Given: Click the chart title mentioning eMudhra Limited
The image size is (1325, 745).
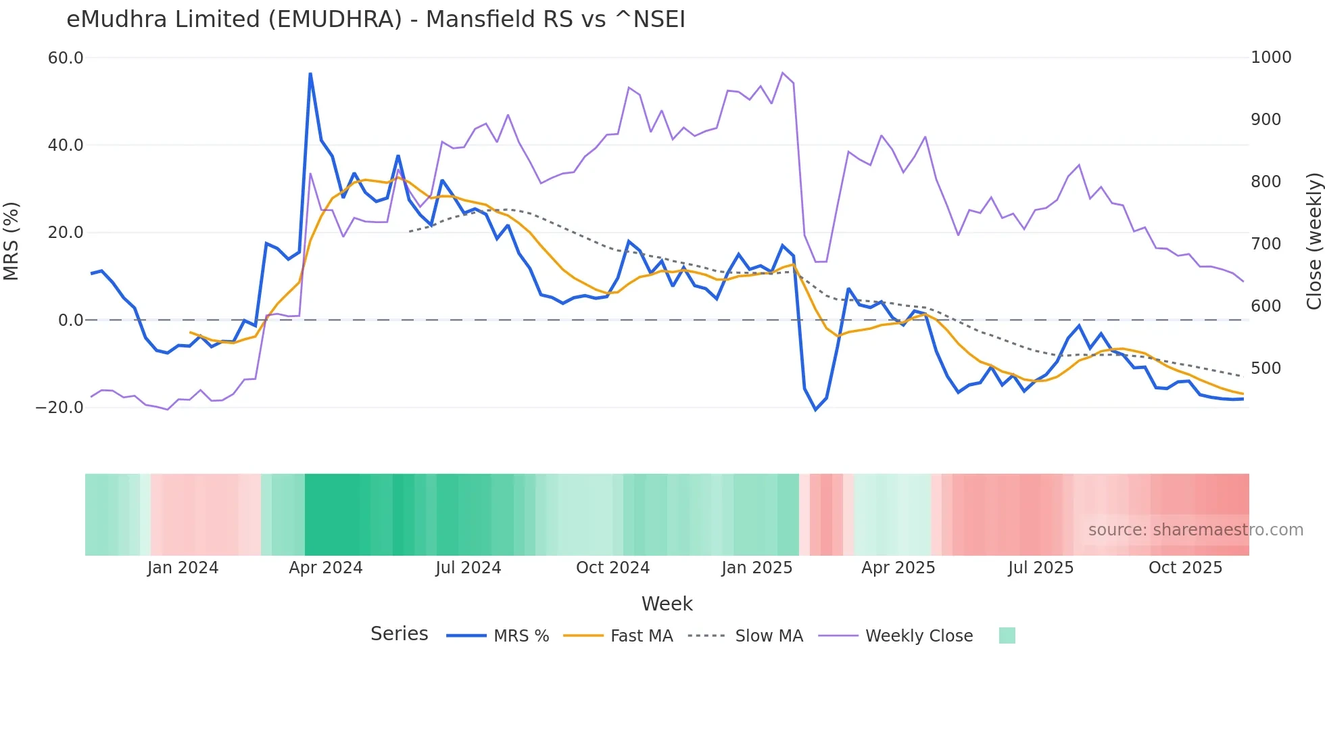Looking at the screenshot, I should coord(376,20).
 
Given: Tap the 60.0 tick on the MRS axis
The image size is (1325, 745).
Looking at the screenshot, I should coord(66,58).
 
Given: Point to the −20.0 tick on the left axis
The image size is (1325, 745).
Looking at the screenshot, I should coord(59,408).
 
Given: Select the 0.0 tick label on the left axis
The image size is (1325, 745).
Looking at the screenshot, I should coord(70,320).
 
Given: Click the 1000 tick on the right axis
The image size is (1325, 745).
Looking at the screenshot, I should coord(1271,57).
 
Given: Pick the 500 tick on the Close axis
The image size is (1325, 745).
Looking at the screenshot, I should coord(1266,368).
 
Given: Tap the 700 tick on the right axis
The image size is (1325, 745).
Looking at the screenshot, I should coord(1266,244).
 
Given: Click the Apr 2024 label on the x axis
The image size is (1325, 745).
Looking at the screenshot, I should coord(326,568).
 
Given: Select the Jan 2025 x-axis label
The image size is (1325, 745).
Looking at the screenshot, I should coord(756,568).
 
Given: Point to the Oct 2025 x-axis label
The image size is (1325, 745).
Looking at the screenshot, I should coord(1185,568).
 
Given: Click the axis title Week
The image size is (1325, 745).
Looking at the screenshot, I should coord(667,604).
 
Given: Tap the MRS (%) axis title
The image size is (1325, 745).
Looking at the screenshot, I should coord(11,241).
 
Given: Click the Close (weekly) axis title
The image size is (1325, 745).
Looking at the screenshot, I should coord(1314,241).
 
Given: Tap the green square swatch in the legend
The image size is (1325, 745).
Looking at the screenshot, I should coord(1007,635).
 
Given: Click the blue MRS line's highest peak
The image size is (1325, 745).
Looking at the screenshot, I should coord(310,74).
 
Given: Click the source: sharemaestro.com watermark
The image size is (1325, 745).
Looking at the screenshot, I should coord(1195,530).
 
